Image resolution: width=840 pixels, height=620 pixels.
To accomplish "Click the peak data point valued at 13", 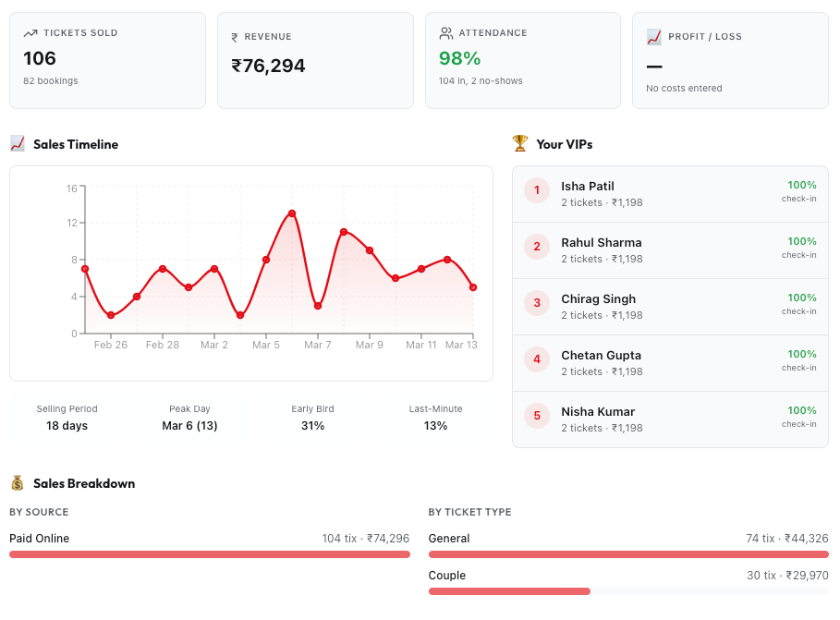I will coord(292,213).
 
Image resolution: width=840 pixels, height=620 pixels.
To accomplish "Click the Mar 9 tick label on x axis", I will coord(369,345).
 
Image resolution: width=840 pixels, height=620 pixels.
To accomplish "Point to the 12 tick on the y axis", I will coord(71,223).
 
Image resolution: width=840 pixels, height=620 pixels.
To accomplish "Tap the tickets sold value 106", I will coord(40,58).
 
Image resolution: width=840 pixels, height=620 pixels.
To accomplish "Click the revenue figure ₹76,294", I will coord(268,66).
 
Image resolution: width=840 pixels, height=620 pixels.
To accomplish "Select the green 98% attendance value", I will coord(459,58).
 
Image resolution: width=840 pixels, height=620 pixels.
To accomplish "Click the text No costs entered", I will coord(684,89).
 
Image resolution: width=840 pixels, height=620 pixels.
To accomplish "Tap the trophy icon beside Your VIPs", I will coord(520,144).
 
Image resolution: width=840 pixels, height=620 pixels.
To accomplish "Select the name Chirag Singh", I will coord(598,298).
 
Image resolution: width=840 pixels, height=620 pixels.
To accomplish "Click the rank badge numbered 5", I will coord(537,416).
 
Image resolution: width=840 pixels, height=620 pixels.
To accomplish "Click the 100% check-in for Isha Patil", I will coord(801,185).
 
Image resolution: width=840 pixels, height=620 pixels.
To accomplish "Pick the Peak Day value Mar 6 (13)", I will coord(189,426).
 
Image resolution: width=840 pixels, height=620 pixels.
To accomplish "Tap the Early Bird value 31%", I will coord(312,426).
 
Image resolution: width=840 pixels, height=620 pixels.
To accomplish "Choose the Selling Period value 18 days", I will coord(67,426).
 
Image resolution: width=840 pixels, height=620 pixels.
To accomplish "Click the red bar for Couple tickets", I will coord(509,591).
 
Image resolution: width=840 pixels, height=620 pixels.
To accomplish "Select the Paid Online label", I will coord(39,539).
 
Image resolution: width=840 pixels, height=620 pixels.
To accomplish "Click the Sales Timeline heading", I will coord(76,144).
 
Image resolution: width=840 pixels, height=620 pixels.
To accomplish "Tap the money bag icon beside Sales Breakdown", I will coord(18,483).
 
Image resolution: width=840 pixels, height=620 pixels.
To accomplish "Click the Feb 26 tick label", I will coord(110,345).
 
